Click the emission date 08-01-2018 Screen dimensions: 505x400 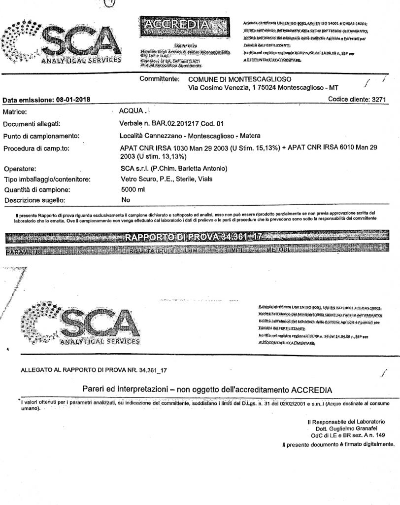(x=68, y=100)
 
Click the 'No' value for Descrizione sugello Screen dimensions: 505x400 (x=125, y=200)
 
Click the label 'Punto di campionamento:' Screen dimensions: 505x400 (x=41, y=136)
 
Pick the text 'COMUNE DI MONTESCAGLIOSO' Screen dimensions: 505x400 (x=240, y=79)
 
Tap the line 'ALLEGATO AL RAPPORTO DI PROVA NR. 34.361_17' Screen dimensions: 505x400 (x=97, y=369)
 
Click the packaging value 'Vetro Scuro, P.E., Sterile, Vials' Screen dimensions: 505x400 (x=167, y=179)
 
